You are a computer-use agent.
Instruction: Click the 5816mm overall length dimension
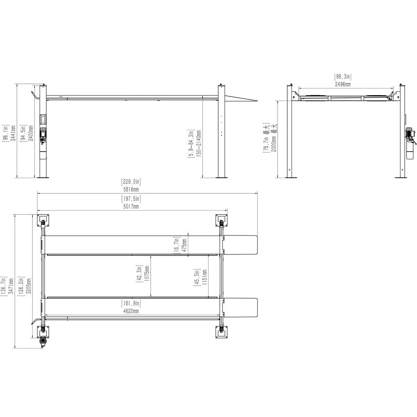131,190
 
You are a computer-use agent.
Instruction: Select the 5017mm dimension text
131,206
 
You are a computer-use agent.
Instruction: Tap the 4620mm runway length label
131,311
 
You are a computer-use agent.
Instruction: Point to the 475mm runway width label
184,246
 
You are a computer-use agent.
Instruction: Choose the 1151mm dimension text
204,277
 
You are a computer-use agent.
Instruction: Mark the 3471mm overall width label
11,286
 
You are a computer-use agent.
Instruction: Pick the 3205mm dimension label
29,286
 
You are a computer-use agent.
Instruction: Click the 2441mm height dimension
13,133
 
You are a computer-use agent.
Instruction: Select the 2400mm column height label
31,133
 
